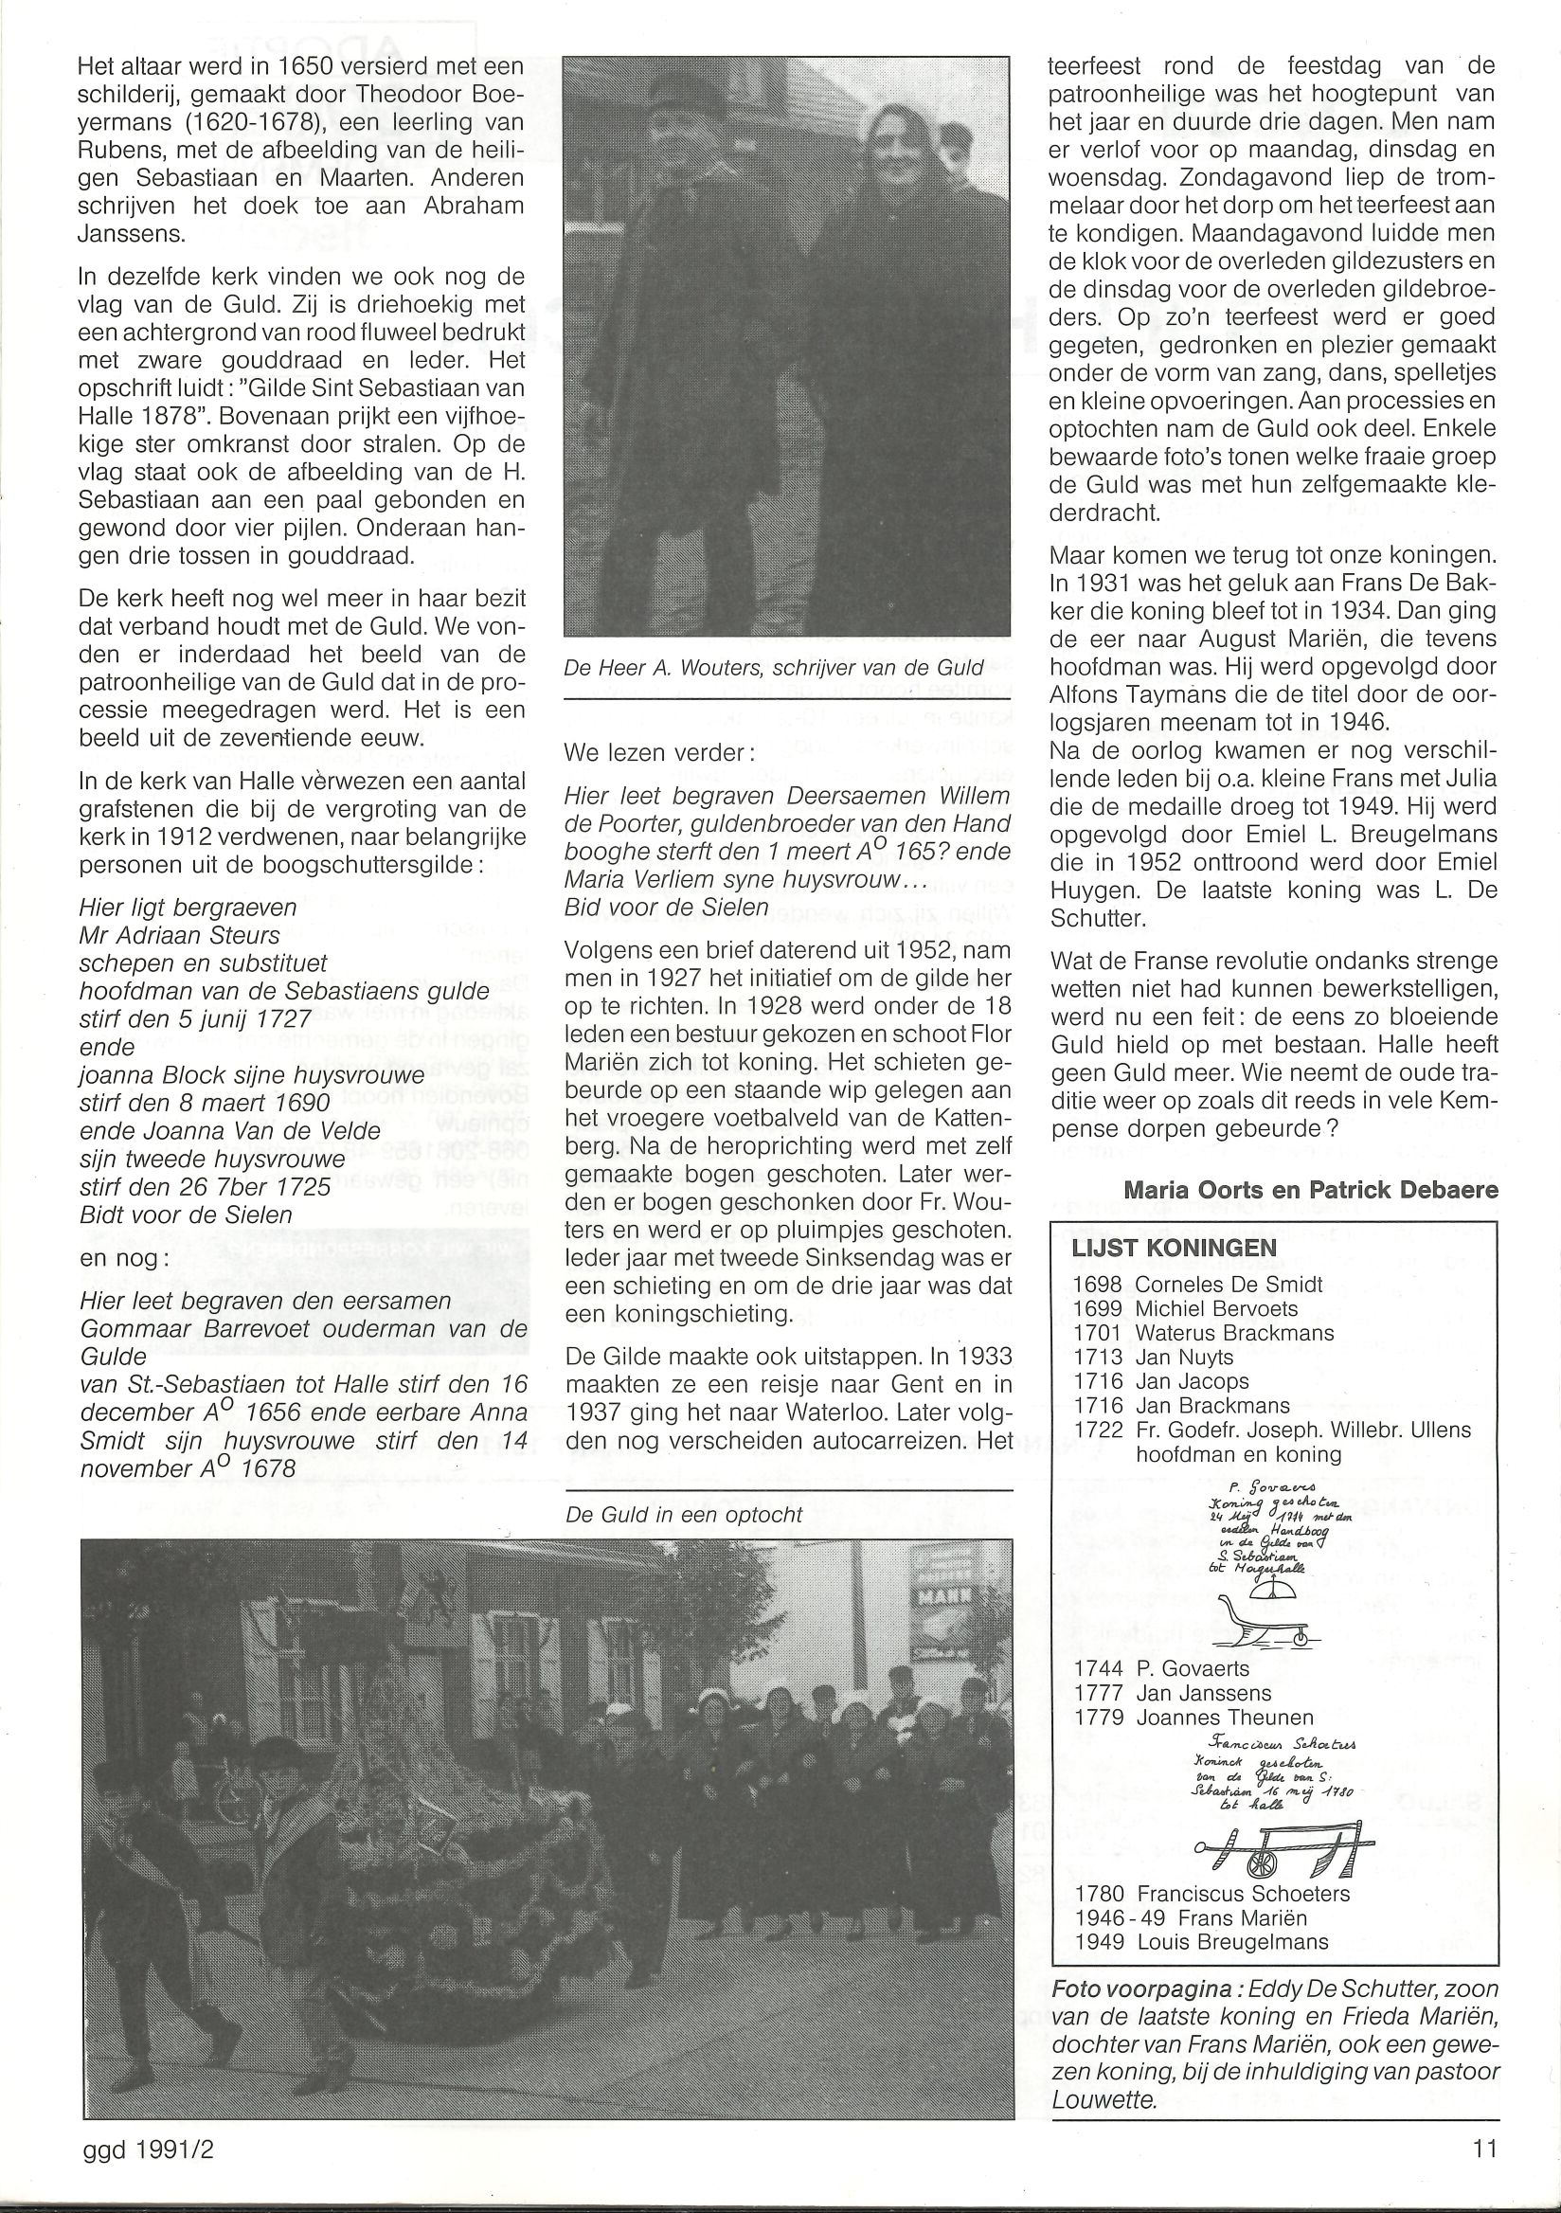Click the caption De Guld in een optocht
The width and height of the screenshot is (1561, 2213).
(x=683, y=1514)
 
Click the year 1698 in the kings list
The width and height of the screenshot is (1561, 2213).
(x=1097, y=1284)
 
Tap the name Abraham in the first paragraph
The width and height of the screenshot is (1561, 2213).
(x=470, y=207)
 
